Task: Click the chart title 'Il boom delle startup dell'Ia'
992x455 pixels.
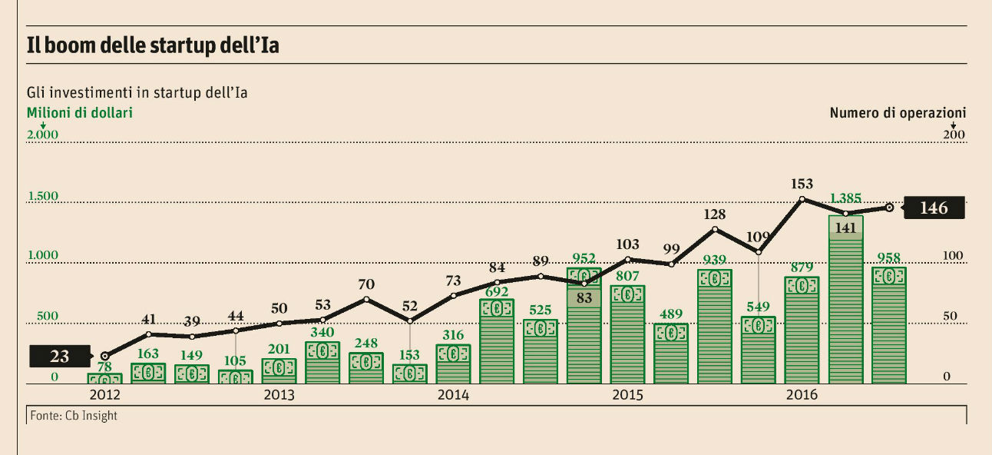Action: coord(153,45)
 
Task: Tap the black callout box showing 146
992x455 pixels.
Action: coord(933,208)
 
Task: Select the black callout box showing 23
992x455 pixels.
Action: coord(59,357)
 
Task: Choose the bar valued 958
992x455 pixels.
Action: coord(889,327)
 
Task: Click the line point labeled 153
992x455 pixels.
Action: coord(802,199)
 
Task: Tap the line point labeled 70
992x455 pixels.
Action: coord(366,299)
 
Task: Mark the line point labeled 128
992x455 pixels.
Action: coord(715,229)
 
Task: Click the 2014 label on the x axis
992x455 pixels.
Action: coord(454,395)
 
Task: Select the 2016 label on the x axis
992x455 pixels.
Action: coord(802,395)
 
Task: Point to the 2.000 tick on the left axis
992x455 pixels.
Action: coord(43,135)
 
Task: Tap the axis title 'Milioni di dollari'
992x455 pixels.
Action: coord(80,113)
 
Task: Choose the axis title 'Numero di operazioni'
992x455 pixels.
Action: coord(898,113)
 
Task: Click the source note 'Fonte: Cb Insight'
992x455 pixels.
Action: coord(74,416)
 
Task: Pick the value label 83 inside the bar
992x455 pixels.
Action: coord(584,298)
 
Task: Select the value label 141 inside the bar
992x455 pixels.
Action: coord(845,227)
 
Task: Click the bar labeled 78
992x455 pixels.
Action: coord(104,379)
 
